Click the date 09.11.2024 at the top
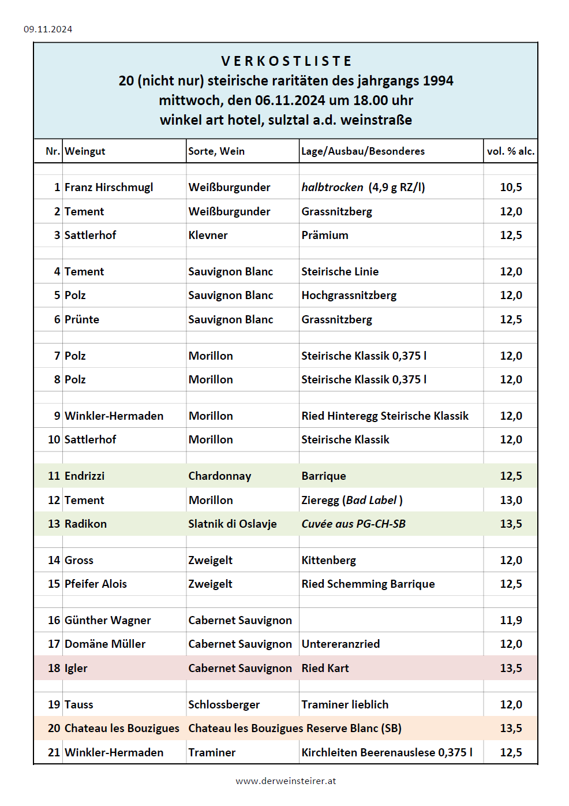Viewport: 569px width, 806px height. (x=48, y=29)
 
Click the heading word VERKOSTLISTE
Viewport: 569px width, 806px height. (x=286, y=61)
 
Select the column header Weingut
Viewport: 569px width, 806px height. (x=85, y=151)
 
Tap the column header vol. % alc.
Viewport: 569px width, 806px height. (x=511, y=151)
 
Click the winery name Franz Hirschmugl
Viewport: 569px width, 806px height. (x=108, y=187)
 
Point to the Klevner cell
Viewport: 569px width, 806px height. (x=208, y=235)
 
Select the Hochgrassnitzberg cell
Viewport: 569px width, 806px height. (x=349, y=295)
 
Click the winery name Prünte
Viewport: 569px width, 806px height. (x=82, y=319)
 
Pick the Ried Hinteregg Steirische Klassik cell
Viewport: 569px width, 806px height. (x=385, y=416)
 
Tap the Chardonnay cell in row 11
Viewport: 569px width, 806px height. (x=219, y=476)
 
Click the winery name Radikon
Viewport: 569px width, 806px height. (x=85, y=524)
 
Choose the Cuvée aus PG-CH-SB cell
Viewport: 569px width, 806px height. (x=353, y=524)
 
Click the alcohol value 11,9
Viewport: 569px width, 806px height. (x=511, y=620)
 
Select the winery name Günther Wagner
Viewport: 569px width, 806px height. (x=107, y=620)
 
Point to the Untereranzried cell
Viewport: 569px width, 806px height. (x=340, y=644)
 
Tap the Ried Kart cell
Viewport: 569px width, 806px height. (x=325, y=668)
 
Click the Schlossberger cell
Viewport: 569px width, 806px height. (x=224, y=704)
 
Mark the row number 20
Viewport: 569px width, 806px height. (x=54, y=728)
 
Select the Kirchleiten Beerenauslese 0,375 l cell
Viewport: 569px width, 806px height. (x=387, y=752)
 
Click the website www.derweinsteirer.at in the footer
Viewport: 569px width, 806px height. (x=286, y=781)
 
